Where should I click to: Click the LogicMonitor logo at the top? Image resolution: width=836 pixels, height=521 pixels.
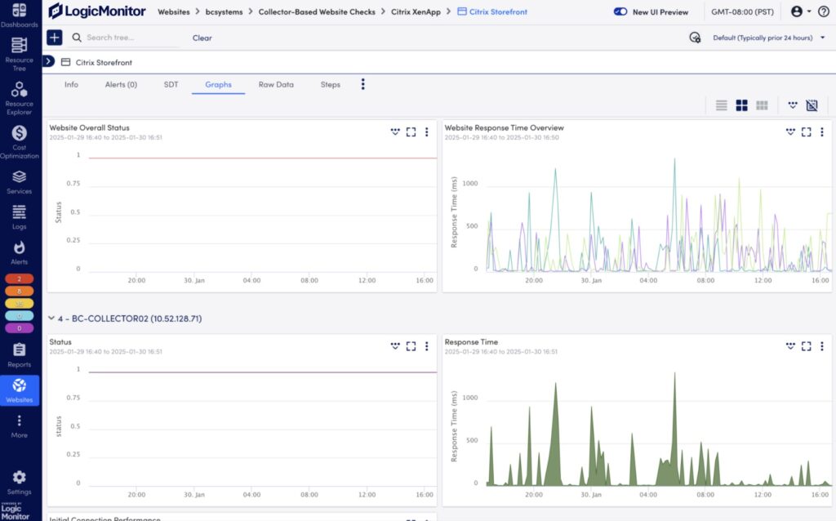96,11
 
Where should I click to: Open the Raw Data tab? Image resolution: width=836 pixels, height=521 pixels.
276,84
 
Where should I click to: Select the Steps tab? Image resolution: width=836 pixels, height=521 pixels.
330,84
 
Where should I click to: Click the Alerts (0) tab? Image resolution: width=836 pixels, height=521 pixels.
121,84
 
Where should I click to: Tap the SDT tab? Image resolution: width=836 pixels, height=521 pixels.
171,84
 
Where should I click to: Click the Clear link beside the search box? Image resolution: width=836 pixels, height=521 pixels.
202,38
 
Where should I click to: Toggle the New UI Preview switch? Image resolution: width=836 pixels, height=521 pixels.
620,12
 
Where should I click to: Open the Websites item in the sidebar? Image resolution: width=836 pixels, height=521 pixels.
20,390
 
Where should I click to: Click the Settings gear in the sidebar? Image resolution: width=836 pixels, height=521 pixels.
20,482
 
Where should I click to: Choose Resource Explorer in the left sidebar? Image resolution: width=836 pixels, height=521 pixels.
20,96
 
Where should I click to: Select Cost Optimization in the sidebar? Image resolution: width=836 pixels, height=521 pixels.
20,140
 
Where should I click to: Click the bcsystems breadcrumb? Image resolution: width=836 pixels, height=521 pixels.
224,12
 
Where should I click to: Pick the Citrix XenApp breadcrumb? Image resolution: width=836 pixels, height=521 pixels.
416,12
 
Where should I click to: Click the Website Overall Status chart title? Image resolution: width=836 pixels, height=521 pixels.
89,127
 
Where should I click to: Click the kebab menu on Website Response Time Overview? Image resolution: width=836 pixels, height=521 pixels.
821,131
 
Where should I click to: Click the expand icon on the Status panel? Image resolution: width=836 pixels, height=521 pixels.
411,346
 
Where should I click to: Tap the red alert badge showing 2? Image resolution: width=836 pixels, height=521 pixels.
20,278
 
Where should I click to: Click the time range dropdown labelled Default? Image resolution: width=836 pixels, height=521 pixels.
767,38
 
